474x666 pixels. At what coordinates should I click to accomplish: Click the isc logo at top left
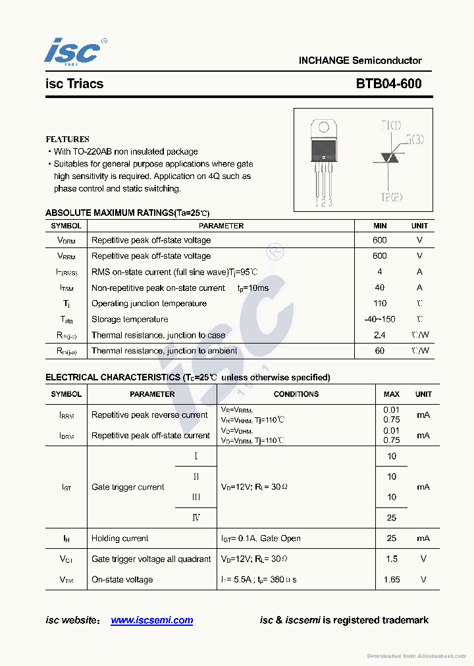pos(74,51)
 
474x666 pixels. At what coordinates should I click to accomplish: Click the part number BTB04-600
pos(388,84)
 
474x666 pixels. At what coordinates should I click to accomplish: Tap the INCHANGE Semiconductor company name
pos(360,61)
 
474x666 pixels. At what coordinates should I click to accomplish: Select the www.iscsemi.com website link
pos(151,620)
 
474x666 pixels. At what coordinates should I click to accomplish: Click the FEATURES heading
pos(67,140)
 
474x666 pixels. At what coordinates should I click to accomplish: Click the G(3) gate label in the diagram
pos(414,139)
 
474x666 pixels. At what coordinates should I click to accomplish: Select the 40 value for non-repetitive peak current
pos(380,288)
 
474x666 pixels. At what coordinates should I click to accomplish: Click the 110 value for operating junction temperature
pos(380,303)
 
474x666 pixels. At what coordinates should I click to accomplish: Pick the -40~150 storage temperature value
pos(380,319)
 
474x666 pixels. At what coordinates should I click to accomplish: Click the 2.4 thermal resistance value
pos(380,335)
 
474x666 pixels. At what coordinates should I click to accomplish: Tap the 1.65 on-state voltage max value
pos(392,580)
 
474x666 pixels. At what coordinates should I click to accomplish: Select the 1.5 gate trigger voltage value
pos(392,559)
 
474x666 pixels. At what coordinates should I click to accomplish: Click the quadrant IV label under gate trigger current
pos(196,517)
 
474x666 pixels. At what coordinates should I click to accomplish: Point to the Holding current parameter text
pos(120,538)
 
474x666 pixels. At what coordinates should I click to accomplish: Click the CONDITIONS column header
pos(296,394)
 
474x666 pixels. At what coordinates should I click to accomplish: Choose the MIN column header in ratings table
pos(380,226)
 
